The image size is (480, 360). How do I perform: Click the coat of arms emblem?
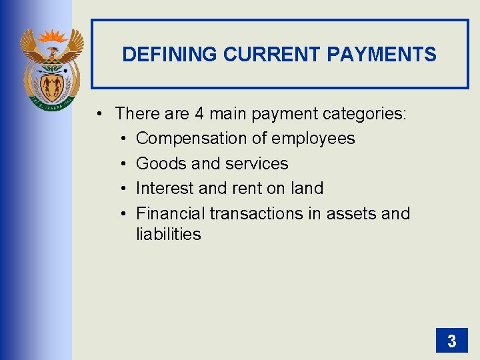click(x=52, y=70)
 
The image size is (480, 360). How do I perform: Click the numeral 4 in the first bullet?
click(x=199, y=114)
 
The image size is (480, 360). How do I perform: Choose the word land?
click(x=307, y=189)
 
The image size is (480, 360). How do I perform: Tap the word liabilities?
click(x=168, y=234)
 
